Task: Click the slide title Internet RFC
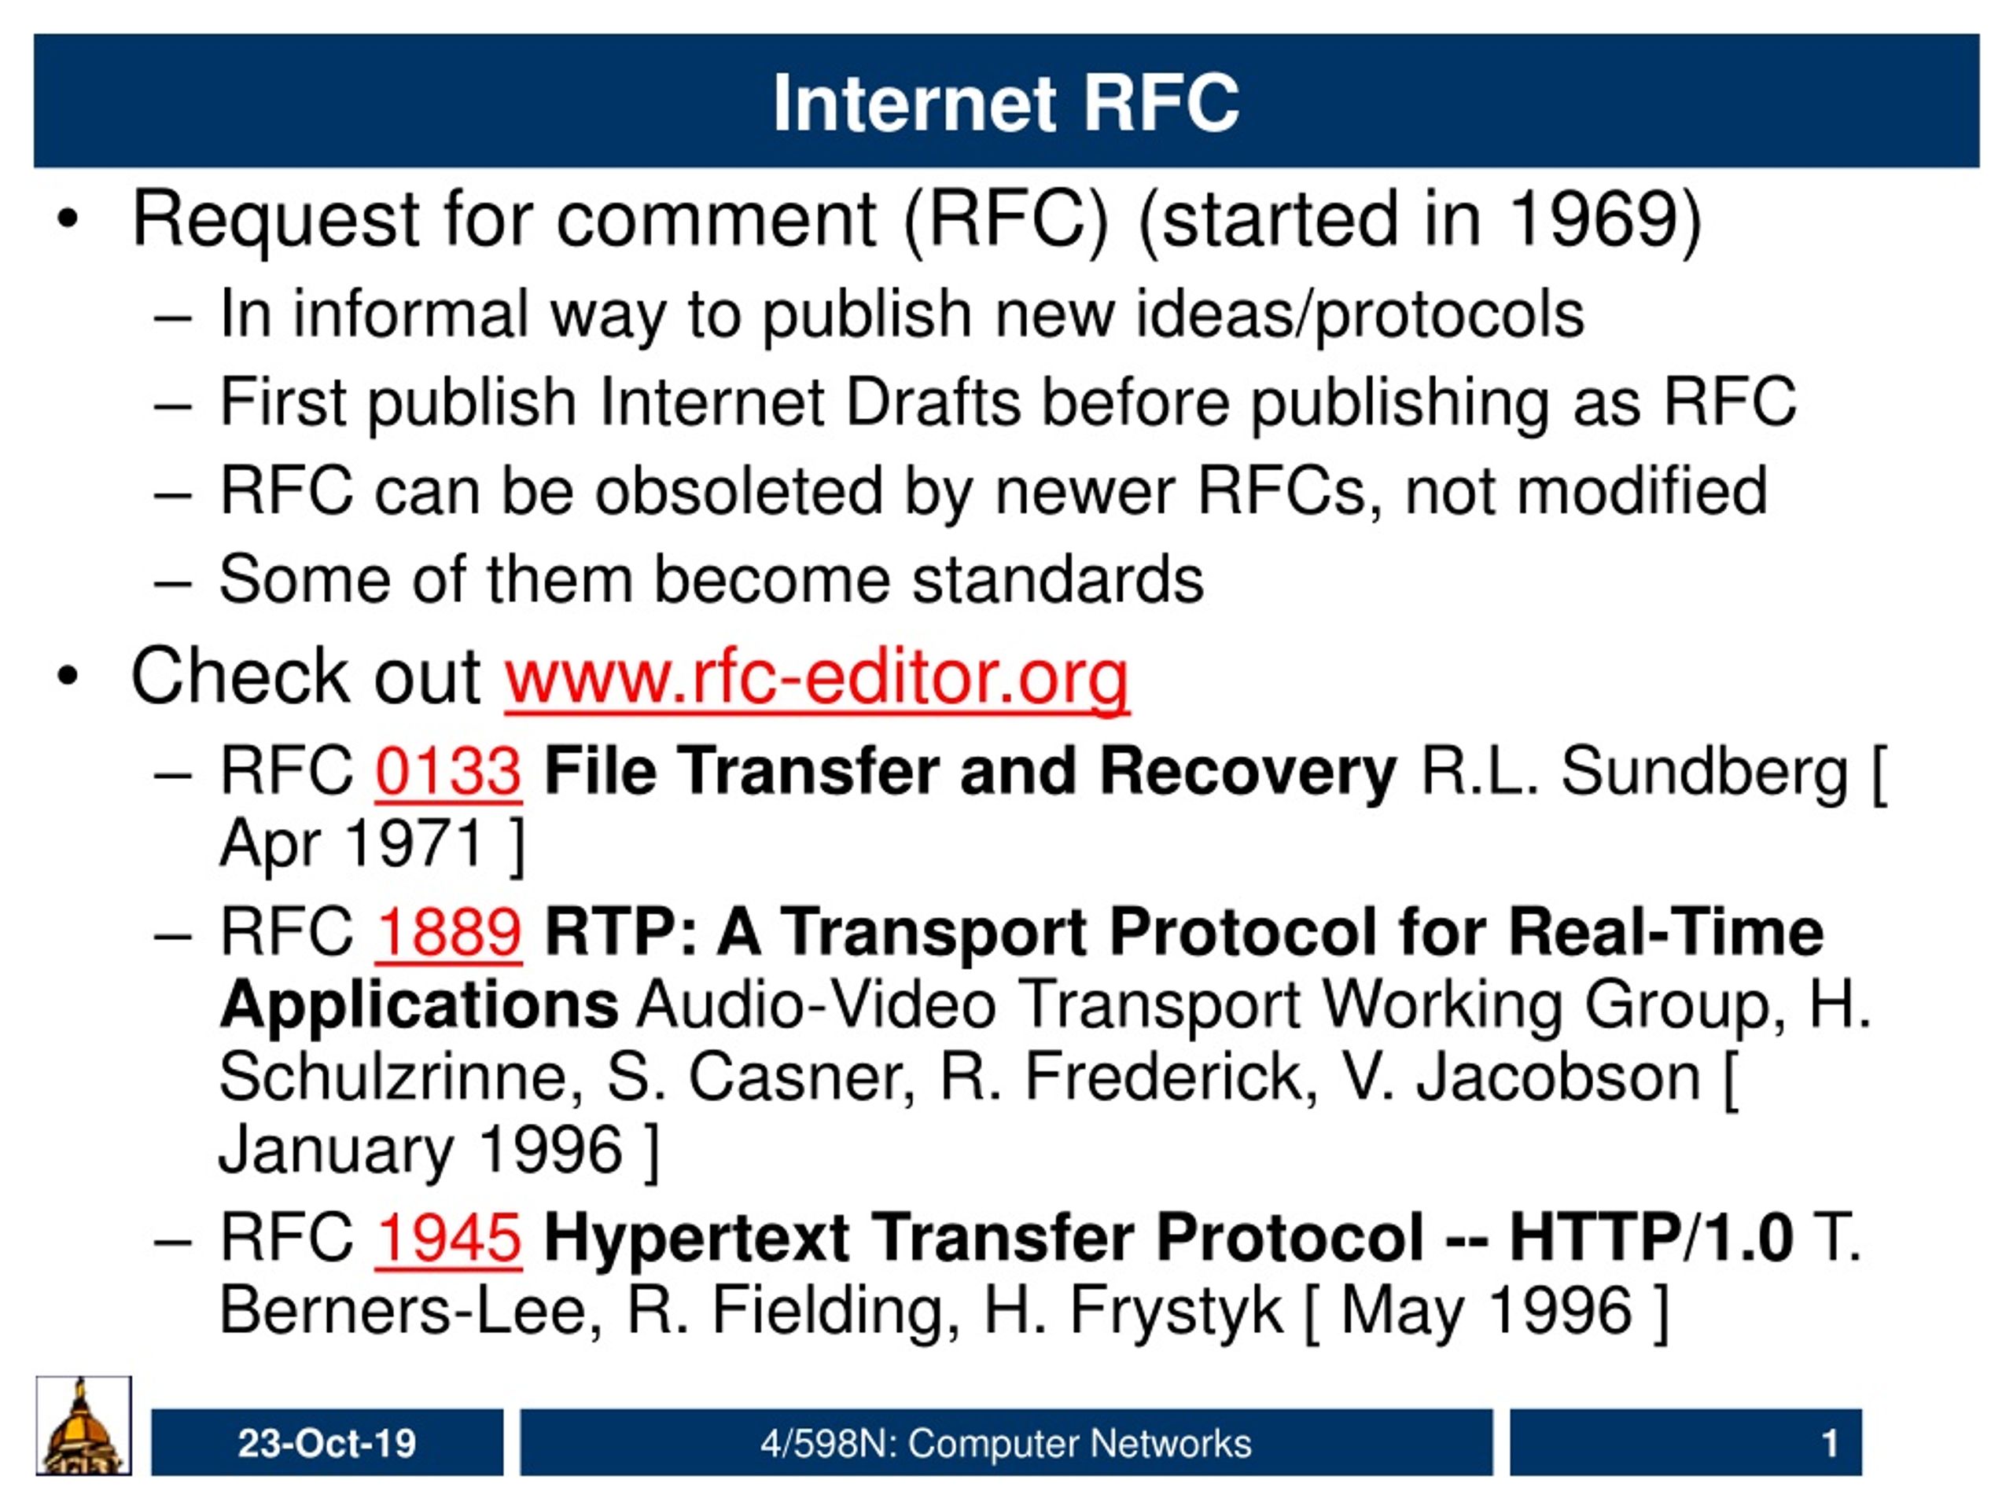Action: point(1006,103)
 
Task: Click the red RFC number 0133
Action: point(447,771)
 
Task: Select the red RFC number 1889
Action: point(447,932)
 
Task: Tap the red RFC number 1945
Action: point(447,1237)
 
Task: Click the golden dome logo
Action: point(83,1426)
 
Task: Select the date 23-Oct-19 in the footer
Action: point(326,1444)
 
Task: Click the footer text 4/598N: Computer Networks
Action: point(1006,1444)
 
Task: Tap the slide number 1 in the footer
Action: point(1830,1444)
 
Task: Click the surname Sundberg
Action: point(1706,771)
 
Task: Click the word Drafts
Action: point(933,402)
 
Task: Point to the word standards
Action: point(1058,579)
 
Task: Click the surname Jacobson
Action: point(1558,1078)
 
